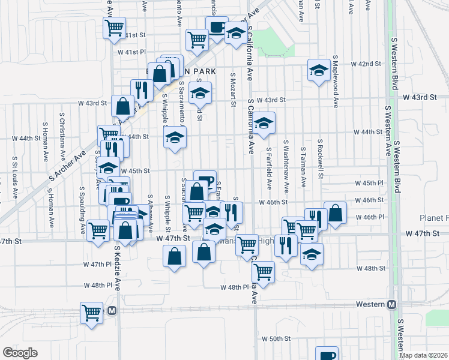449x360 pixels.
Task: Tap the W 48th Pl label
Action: point(234,287)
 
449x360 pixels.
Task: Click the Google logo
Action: point(20,353)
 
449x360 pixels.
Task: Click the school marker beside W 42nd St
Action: point(318,70)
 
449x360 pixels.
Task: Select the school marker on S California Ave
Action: point(264,123)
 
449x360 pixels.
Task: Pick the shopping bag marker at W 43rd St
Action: point(122,106)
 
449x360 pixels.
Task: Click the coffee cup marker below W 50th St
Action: point(327,353)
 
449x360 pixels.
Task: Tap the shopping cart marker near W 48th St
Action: point(263,271)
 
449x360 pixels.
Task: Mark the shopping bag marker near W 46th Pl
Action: point(335,213)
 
